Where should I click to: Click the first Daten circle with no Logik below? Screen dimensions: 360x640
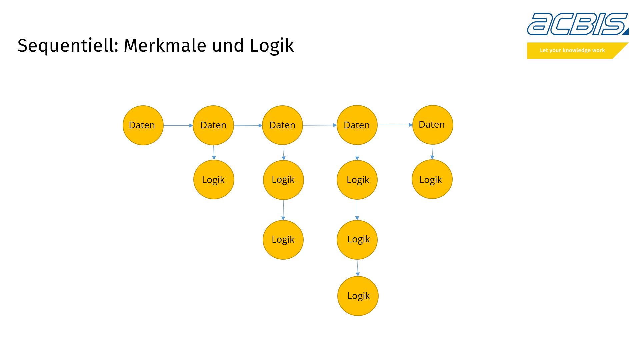coord(143,125)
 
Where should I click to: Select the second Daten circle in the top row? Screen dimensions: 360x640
coord(213,125)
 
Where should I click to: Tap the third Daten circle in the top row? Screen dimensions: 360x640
coord(282,125)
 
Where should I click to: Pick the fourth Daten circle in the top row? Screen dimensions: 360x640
coord(357,125)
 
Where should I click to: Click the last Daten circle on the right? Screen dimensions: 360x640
coord(433,125)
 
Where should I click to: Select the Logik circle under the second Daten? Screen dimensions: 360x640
coord(214,180)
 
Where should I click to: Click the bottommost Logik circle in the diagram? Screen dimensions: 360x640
coord(358,296)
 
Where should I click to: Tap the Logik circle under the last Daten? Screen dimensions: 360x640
coord(432,179)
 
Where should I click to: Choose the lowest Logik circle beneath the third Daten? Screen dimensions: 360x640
coord(283,240)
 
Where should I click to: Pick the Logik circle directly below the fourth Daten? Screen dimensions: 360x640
coord(357,180)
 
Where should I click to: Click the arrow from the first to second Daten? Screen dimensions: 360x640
coord(178,126)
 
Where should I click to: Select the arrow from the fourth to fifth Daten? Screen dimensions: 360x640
coord(395,125)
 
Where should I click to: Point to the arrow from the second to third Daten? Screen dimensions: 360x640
coord(248,126)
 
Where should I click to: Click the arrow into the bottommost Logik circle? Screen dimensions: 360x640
coord(358,268)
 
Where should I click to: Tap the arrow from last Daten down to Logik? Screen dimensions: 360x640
coord(433,152)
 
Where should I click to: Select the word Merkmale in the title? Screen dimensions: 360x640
coord(165,46)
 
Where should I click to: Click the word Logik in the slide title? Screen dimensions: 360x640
coord(272,46)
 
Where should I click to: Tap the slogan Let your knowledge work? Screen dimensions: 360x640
coord(572,50)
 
